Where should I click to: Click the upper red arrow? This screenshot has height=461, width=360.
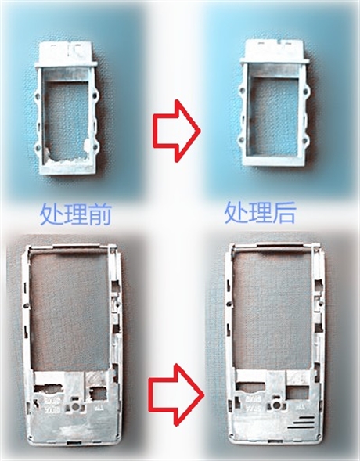(176, 131)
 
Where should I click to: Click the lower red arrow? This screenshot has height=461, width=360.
(177, 394)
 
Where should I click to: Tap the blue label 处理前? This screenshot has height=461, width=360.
(76, 214)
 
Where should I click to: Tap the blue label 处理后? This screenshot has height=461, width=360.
(260, 214)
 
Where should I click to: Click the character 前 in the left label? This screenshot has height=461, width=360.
(100, 214)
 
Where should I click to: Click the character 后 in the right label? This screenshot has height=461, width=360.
(283, 214)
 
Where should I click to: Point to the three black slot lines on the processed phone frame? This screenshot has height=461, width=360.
(304, 423)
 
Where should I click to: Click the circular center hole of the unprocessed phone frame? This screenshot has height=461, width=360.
(76, 407)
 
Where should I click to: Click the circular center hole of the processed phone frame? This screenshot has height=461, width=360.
(276, 405)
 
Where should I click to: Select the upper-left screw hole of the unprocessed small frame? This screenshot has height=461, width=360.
(37, 95)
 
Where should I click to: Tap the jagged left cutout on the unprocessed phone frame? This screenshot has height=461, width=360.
(49, 388)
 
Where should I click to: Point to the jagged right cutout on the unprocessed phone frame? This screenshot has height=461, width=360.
(98, 393)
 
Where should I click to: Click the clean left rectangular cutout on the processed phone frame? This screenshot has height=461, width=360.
(250, 387)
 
